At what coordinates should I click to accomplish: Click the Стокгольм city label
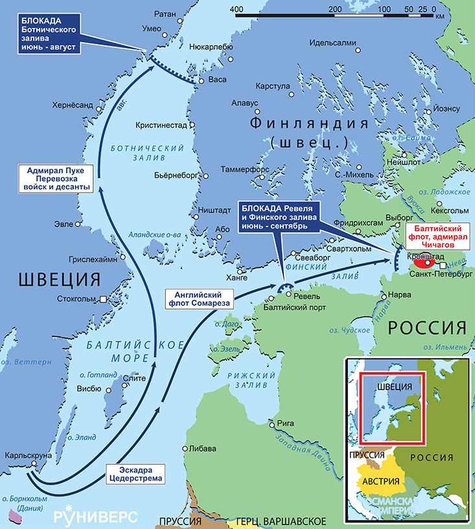(x=76, y=300)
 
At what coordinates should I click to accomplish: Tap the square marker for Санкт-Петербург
(x=442, y=266)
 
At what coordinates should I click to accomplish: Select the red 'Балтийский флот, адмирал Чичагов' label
(x=436, y=237)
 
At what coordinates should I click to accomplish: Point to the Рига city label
(x=286, y=423)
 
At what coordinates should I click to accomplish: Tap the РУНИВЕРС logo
(x=95, y=516)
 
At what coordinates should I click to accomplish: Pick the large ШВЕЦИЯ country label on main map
(x=59, y=279)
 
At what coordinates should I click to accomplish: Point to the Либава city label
(x=203, y=448)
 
